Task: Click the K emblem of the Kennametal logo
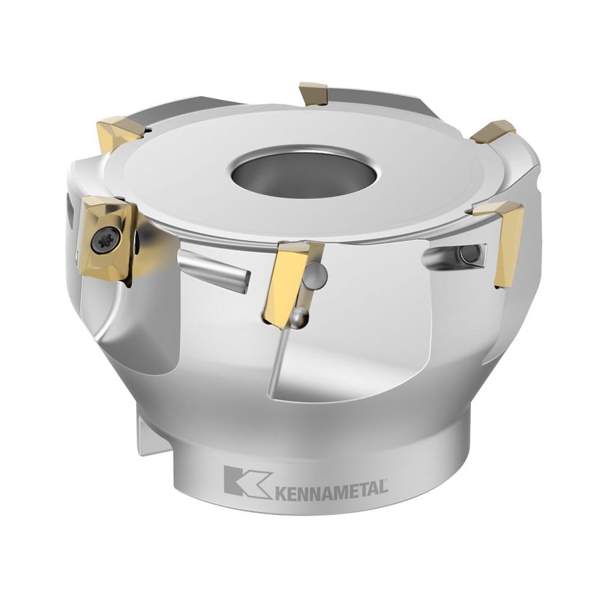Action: click(x=245, y=481)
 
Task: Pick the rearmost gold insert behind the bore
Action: click(x=313, y=93)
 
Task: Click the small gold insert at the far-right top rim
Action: click(x=493, y=131)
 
